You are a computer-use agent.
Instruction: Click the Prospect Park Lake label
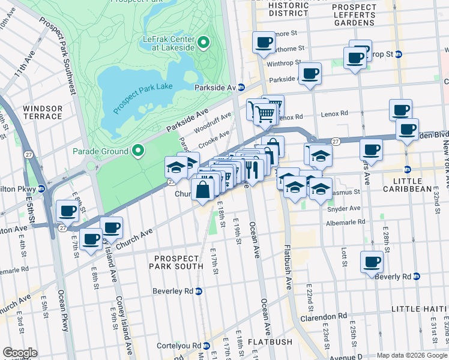pos(142,95)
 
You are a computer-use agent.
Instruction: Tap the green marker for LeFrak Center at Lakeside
pos(203,42)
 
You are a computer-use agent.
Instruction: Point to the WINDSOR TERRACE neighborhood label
pos(42,113)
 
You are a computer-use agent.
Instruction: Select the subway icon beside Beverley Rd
pos(199,291)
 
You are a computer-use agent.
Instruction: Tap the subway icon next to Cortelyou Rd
pos(206,346)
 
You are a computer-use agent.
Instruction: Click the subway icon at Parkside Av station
pos(241,87)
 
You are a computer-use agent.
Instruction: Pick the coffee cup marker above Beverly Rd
pos(372,261)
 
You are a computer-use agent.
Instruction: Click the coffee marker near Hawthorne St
pos(263,42)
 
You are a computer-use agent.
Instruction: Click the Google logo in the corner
pos(20,353)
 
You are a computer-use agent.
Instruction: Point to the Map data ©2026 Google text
pos(412,355)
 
